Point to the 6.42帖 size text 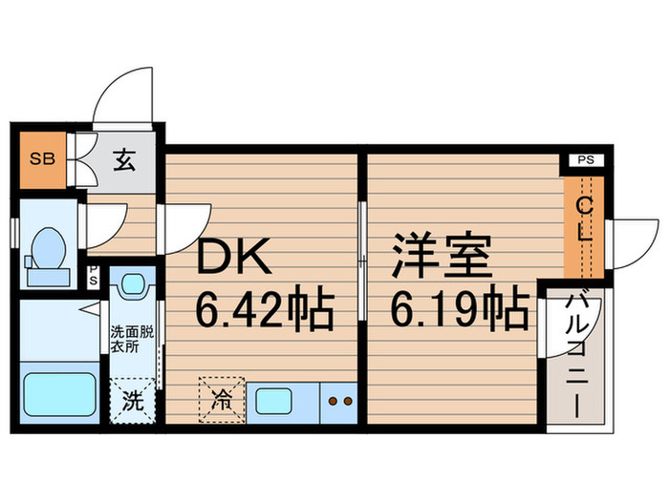click(265, 307)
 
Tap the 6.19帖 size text click(460, 307)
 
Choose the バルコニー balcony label click(576, 353)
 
